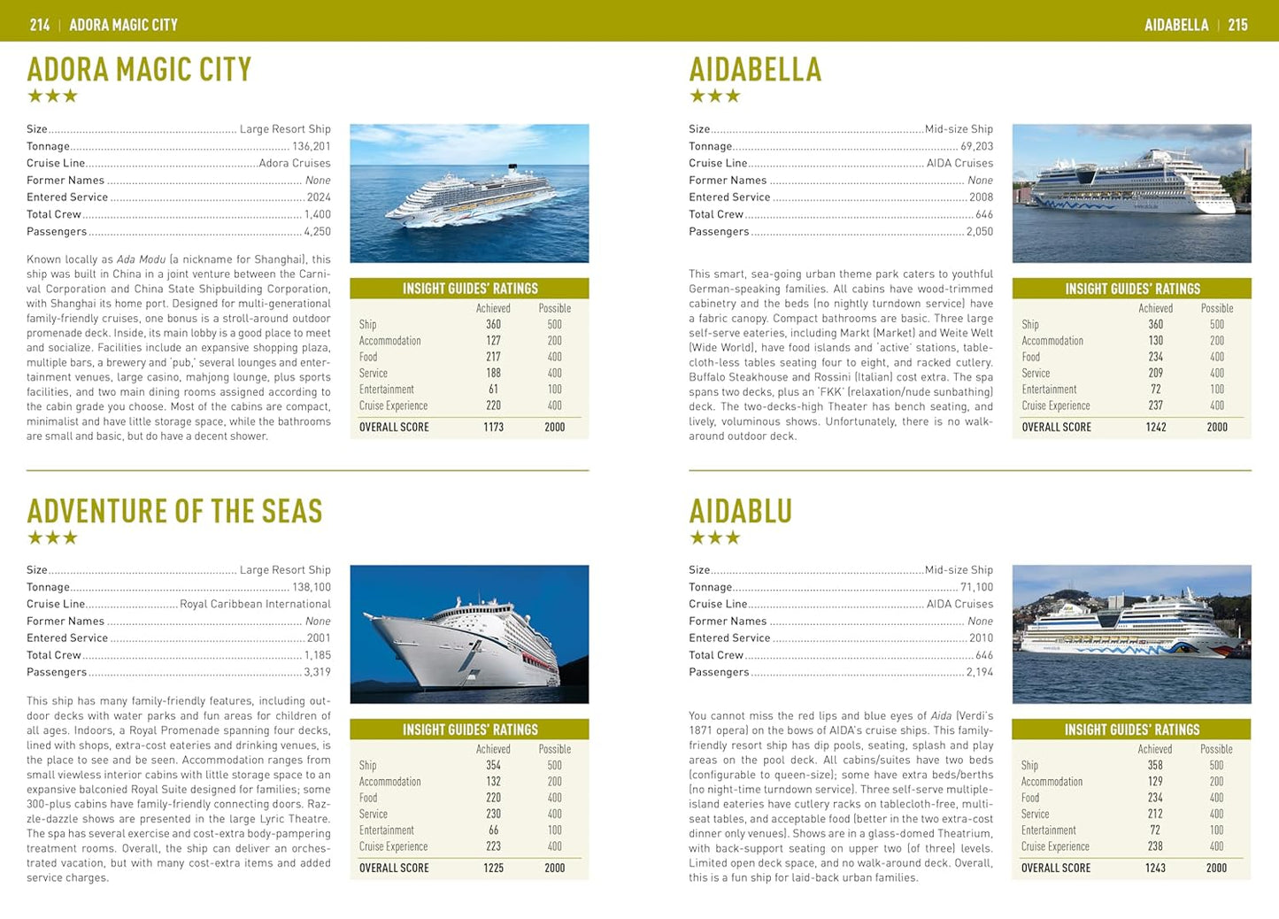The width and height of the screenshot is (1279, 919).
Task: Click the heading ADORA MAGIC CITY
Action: click(139, 69)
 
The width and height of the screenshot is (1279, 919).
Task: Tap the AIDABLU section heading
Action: click(740, 511)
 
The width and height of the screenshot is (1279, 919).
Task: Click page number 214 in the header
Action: click(40, 25)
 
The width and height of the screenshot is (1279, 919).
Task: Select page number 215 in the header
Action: click(1237, 25)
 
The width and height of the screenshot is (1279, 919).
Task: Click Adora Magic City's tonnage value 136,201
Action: click(311, 146)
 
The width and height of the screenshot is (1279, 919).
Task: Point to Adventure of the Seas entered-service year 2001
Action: click(319, 637)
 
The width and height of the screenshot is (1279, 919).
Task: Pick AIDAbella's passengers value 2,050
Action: click(979, 231)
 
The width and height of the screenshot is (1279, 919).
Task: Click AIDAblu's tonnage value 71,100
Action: click(976, 587)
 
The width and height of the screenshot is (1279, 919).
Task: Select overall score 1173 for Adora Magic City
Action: click(493, 427)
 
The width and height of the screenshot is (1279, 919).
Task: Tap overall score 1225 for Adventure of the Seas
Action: click(493, 868)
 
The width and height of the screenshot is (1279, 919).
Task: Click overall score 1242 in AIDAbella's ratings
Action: click(1155, 427)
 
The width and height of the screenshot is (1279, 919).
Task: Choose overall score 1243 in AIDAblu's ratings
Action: click(1155, 868)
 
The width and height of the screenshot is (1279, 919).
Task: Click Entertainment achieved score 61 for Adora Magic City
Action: click(493, 390)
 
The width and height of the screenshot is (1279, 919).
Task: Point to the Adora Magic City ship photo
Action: click(469, 193)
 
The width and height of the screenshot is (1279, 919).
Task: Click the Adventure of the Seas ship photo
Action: click(469, 634)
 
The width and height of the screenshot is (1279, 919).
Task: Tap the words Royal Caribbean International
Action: click(255, 604)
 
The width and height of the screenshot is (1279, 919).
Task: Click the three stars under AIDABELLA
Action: click(714, 96)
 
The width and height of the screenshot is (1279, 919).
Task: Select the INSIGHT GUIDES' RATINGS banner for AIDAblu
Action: click(1131, 730)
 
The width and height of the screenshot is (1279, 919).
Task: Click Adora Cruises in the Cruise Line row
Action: click(295, 163)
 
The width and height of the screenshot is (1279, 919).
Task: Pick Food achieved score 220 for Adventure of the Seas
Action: click(493, 798)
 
